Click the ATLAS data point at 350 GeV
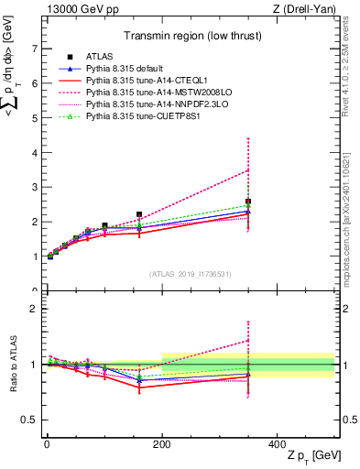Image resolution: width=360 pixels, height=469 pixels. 248,202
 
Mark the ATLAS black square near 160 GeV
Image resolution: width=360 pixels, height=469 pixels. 139,214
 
